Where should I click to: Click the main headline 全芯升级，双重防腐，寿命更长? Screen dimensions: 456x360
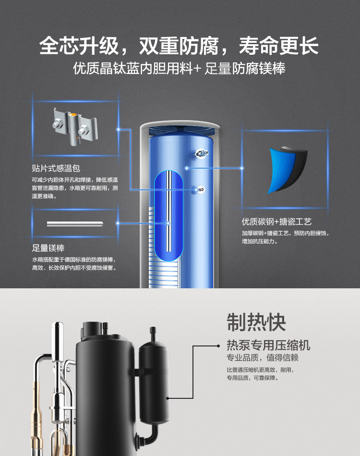click(179, 47)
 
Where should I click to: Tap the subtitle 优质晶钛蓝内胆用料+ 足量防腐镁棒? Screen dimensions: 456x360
click(179, 69)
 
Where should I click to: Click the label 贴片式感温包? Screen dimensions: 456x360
click(56, 168)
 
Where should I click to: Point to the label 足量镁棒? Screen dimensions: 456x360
click(48, 248)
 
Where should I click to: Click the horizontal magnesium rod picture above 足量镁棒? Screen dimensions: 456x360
click(75, 223)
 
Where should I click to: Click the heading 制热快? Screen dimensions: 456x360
click(256, 323)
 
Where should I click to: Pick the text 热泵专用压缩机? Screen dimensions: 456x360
click(268, 345)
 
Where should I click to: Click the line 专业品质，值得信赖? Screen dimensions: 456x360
click(259, 358)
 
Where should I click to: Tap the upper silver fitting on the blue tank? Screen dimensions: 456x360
click(201, 153)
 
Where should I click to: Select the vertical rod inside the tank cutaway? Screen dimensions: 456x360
click(168, 211)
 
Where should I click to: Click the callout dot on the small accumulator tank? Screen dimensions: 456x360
click(167, 398)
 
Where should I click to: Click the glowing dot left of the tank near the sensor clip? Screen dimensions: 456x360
click(118, 129)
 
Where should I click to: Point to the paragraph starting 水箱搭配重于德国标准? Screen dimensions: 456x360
click(74, 263)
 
